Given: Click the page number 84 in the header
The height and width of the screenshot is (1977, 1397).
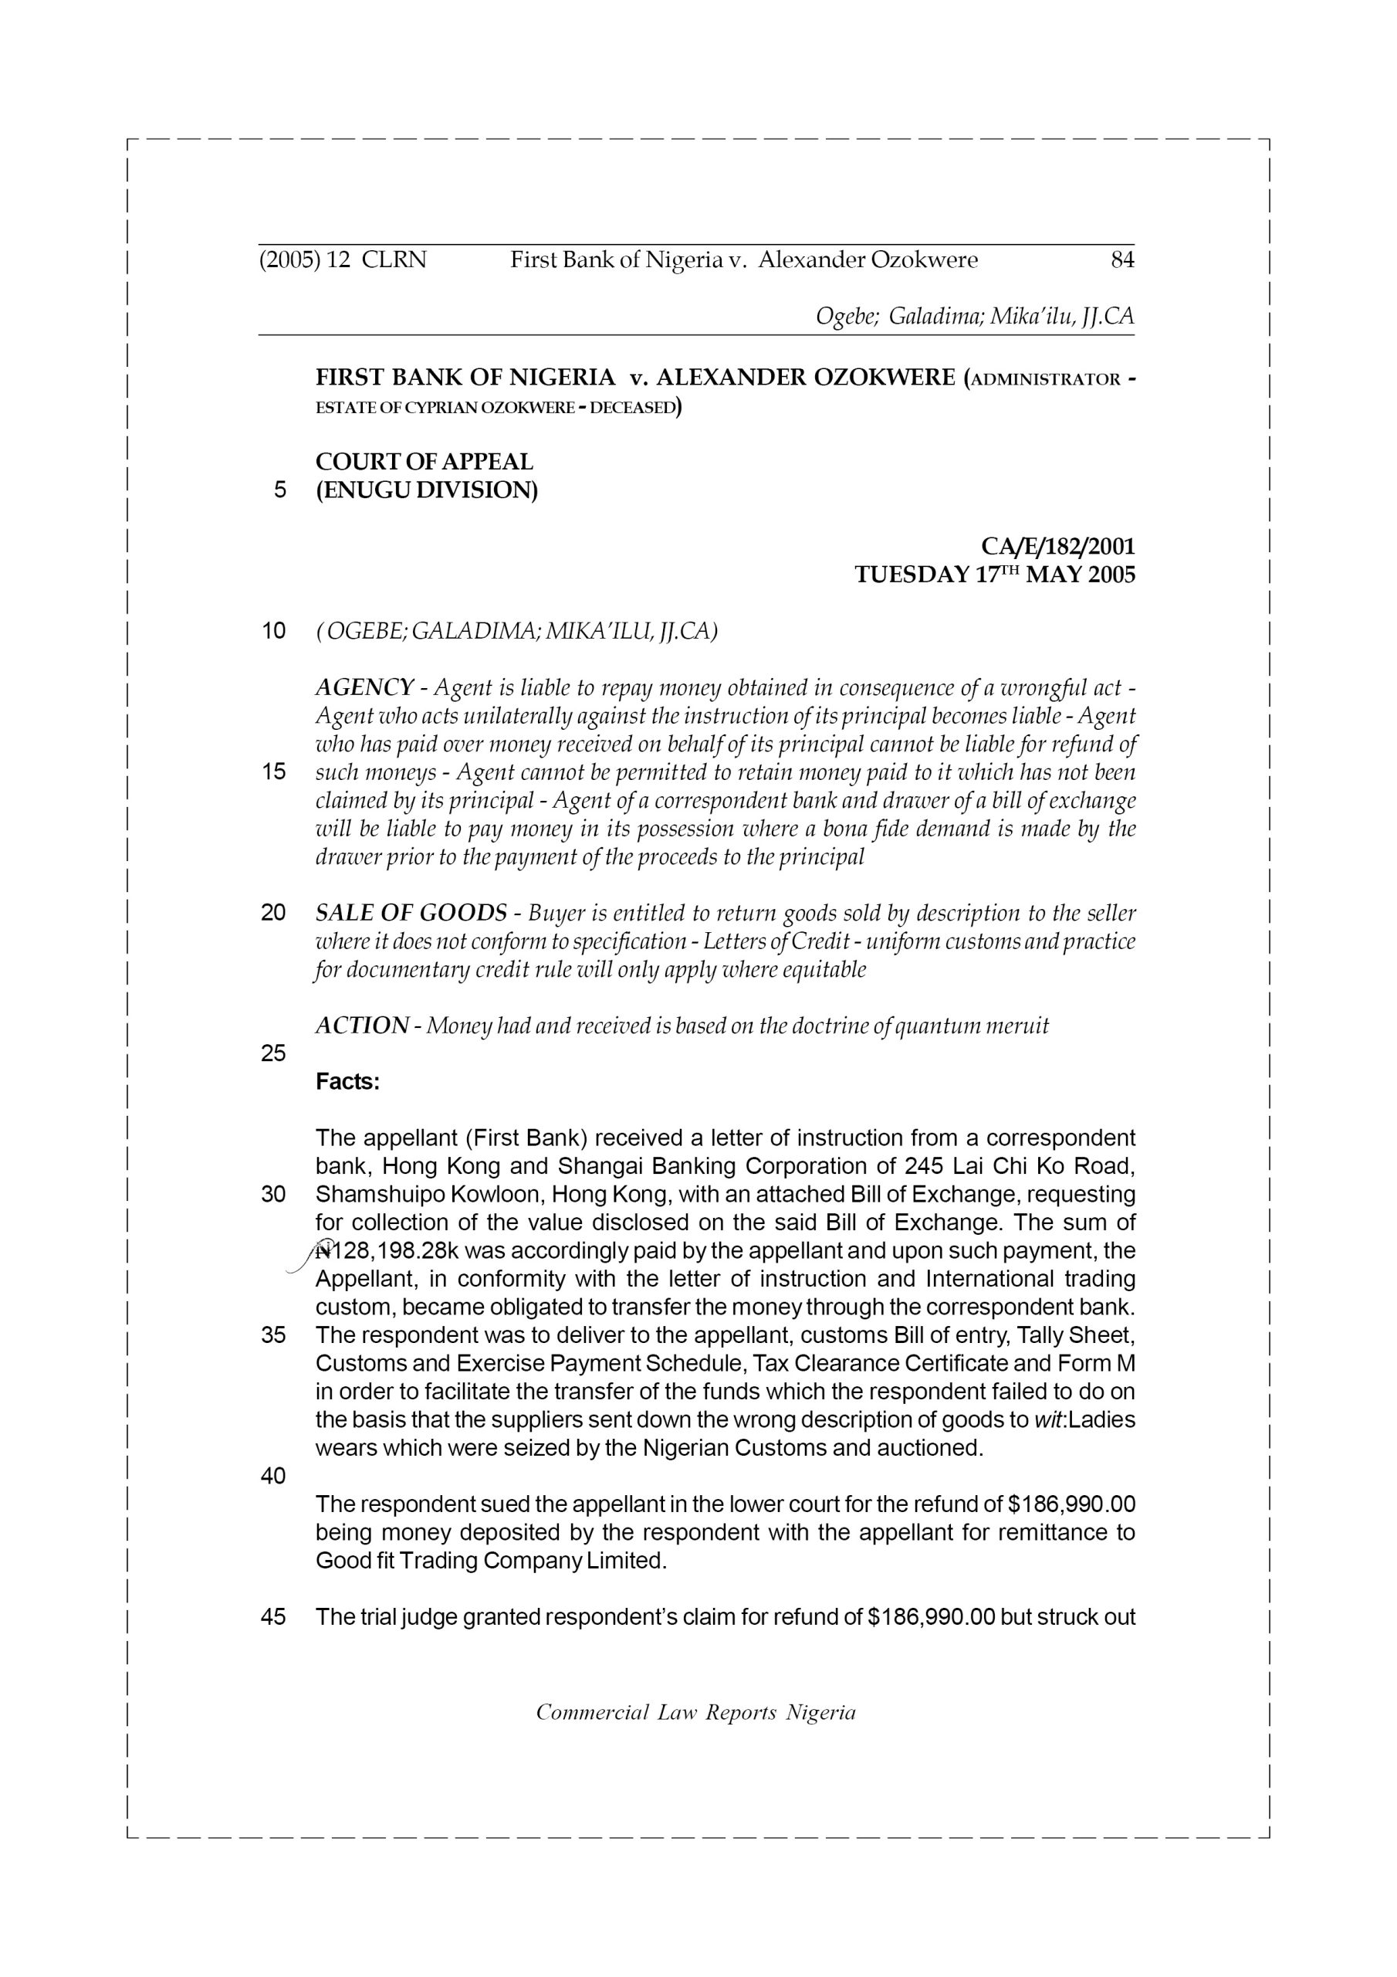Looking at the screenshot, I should click(x=1121, y=260).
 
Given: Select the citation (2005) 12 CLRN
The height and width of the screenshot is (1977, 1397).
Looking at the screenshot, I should click(x=343, y=260).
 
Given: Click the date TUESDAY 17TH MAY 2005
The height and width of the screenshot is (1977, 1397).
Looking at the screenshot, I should click(x=994, y=575).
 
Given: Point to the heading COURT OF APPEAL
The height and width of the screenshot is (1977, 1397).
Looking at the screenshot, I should click(x=425, y=462).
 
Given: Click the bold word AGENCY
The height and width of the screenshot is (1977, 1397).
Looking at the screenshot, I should click(x=365, y=688).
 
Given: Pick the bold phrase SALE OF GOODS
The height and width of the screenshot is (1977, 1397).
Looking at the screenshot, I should click(x=411, y=913).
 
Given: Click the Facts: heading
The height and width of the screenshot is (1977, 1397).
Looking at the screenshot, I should click(x=348, y=1083).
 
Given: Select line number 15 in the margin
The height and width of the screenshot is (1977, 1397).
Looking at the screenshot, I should click(x=273, y=771).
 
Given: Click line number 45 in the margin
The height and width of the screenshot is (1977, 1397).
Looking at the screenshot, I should click(x=273, y=1618).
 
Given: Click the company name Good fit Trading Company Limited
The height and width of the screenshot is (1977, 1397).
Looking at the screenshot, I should click(x=491, y=1561).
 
